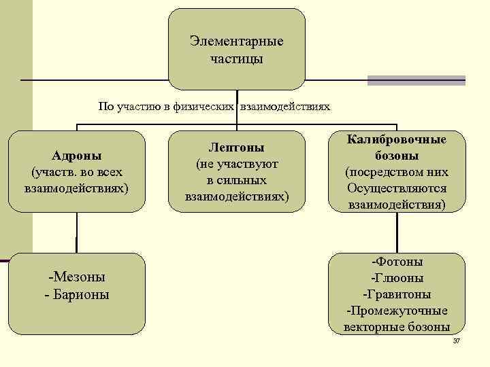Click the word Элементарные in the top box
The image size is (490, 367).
coord(237,41)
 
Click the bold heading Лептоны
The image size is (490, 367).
coord(237,147)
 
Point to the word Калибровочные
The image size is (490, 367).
coord(397,139)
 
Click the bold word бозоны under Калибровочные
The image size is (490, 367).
coord(397,156)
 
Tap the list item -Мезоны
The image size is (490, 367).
coord(76,277)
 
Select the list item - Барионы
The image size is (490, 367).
coord(76,295)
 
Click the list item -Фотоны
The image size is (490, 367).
coord(397,261)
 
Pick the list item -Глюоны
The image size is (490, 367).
coord(397,277)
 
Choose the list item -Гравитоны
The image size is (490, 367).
coord(397,294)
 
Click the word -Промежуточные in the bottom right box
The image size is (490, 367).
coord(397,311)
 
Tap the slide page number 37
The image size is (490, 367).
coord(457,340)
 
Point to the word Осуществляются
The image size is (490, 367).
coord(397,188)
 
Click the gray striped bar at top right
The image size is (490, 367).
coord(416,80)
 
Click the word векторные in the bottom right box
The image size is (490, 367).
coord(372,327)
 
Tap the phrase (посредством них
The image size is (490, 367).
coord(397,172)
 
